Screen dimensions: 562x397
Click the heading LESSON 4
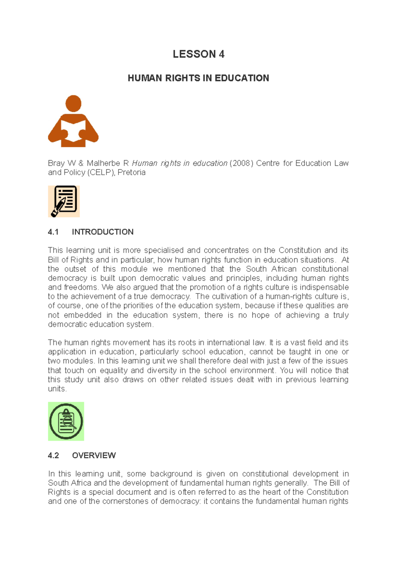198,54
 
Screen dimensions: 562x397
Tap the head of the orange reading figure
73,103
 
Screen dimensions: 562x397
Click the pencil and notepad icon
64,201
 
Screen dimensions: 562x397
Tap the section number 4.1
53,232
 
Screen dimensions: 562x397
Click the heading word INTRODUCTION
103,232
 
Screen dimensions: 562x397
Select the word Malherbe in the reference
103,163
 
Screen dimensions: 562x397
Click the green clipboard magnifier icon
66,421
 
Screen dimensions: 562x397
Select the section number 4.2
53,455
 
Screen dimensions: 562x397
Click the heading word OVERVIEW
94,455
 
